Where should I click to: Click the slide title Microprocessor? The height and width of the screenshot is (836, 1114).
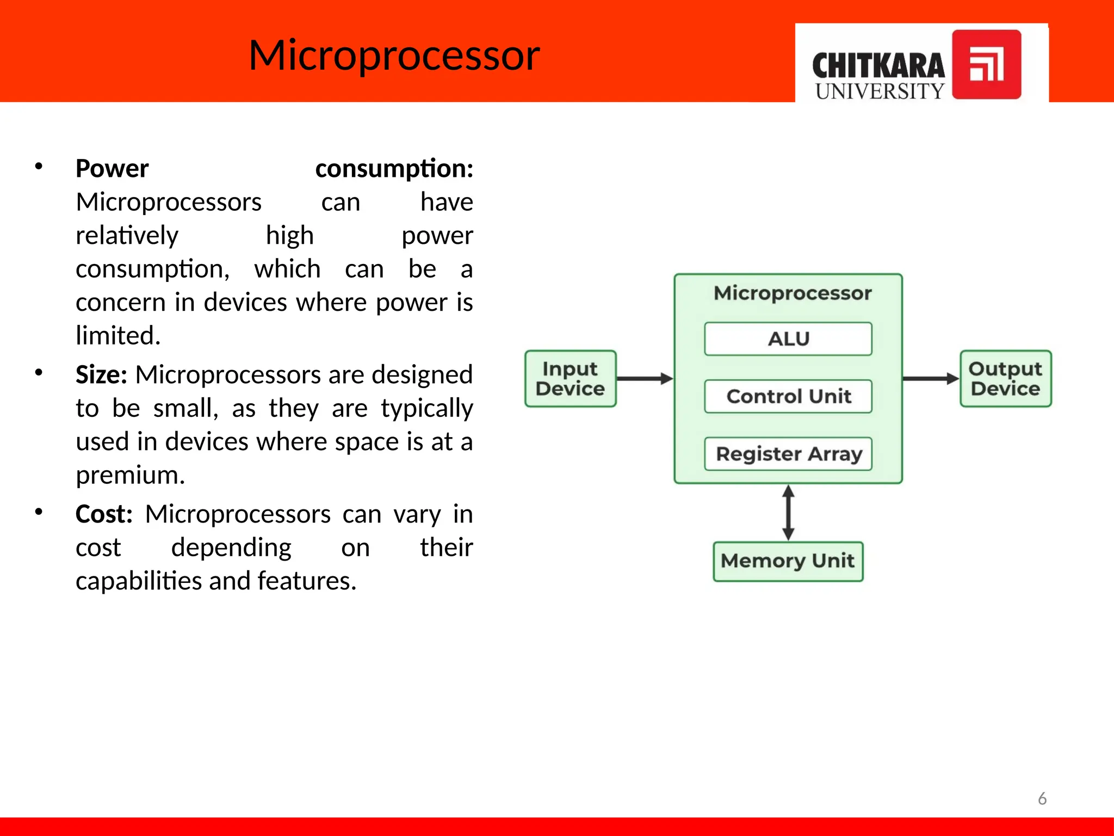(x=394, y=56)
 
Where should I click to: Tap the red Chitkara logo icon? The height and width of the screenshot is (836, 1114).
(x=986, y=64)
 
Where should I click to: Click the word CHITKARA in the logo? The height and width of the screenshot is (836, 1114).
(x=878, y=66)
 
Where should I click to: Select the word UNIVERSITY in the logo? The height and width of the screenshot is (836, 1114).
(x=879, y=91)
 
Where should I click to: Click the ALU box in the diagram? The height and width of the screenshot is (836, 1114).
(x=788, y=339)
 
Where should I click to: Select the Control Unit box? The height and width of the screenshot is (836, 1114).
(x=788, y=396)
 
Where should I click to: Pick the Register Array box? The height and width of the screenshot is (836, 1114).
(x=788, y=454)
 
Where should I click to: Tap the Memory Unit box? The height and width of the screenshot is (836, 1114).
(x=788, y=561)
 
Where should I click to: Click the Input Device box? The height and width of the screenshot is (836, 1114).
(x=570, y=379)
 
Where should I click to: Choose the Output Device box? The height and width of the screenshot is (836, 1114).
(x=1005, y=379)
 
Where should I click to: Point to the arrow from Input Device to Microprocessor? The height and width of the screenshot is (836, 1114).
(x=645, y=379)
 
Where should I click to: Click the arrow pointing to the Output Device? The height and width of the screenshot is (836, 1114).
(x=931, y=379)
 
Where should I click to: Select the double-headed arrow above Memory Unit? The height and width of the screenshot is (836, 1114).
(x=788, y=513)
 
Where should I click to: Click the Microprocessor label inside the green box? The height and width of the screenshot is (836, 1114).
(x=793, y=293)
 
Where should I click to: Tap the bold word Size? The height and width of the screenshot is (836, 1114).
(x=101, y=375)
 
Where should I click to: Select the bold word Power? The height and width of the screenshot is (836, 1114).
(x=112, y=169)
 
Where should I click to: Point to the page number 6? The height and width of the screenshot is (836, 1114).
(x=1042, y=798)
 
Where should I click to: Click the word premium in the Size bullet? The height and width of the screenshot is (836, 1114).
(x=129, y=475)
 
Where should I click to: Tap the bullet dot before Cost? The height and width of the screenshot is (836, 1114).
(x=39, y=512)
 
